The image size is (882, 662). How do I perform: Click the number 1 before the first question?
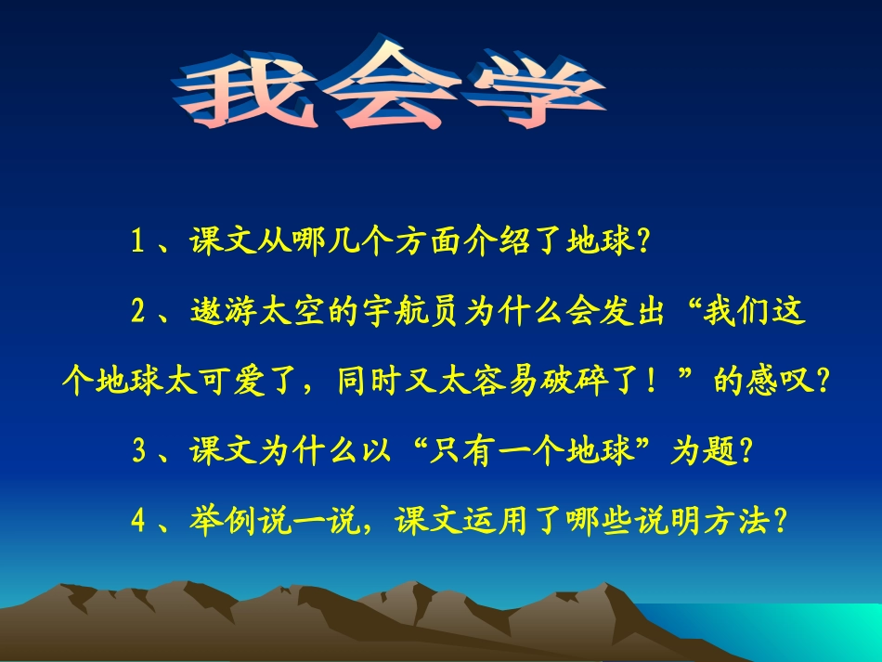click(137, 242)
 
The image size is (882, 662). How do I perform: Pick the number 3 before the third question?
click(138, 452)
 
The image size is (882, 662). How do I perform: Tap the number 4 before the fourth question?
click(137, 522)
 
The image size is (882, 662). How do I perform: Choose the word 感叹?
click(786, 382)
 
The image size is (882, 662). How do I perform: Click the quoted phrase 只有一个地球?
click(535, 451)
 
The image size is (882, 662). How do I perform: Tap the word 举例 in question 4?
click(222, 521)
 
